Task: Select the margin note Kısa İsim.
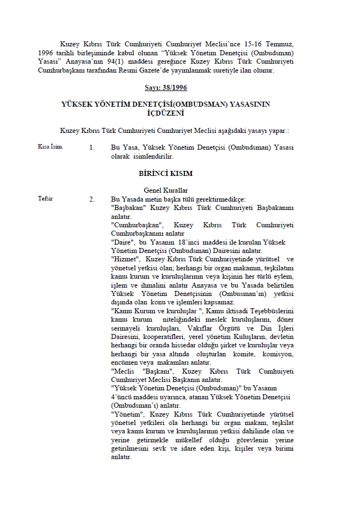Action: click(50, 147)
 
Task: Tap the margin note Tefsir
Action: click(45, 199)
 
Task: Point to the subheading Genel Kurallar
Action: click(165, 190)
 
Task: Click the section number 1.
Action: click(92, 147)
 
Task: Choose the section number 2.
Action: click(92, 199)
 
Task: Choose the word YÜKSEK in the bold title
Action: click(78, 104)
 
